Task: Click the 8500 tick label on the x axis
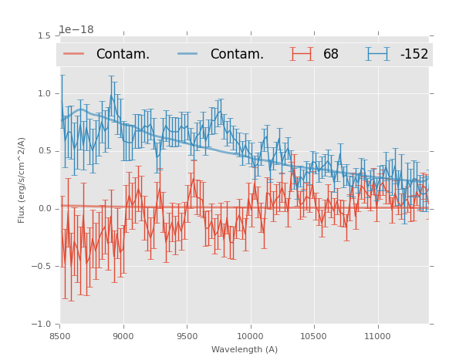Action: pos(60,336)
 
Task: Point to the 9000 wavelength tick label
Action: pos(123,336)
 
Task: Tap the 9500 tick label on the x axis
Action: pos(187,336)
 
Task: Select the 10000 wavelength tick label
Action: pos(250,336)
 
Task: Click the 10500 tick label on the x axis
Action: pos(314,336)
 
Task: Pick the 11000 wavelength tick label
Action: pos(377,336)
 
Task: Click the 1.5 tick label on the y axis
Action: pos(43,36)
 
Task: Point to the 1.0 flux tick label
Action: pos(43,93)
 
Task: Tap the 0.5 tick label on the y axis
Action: pos(43,151)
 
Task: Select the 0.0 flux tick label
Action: pos(43,209)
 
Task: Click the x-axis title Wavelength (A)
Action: pos(245,349)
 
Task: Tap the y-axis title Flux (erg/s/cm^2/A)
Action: pos(22,180)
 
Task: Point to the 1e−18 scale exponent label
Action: pos(76,30)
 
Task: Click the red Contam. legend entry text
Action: pos(123,54)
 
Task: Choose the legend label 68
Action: pos(331,54)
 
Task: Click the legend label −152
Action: pos(414,54)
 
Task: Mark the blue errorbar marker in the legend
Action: pos(378,54)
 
